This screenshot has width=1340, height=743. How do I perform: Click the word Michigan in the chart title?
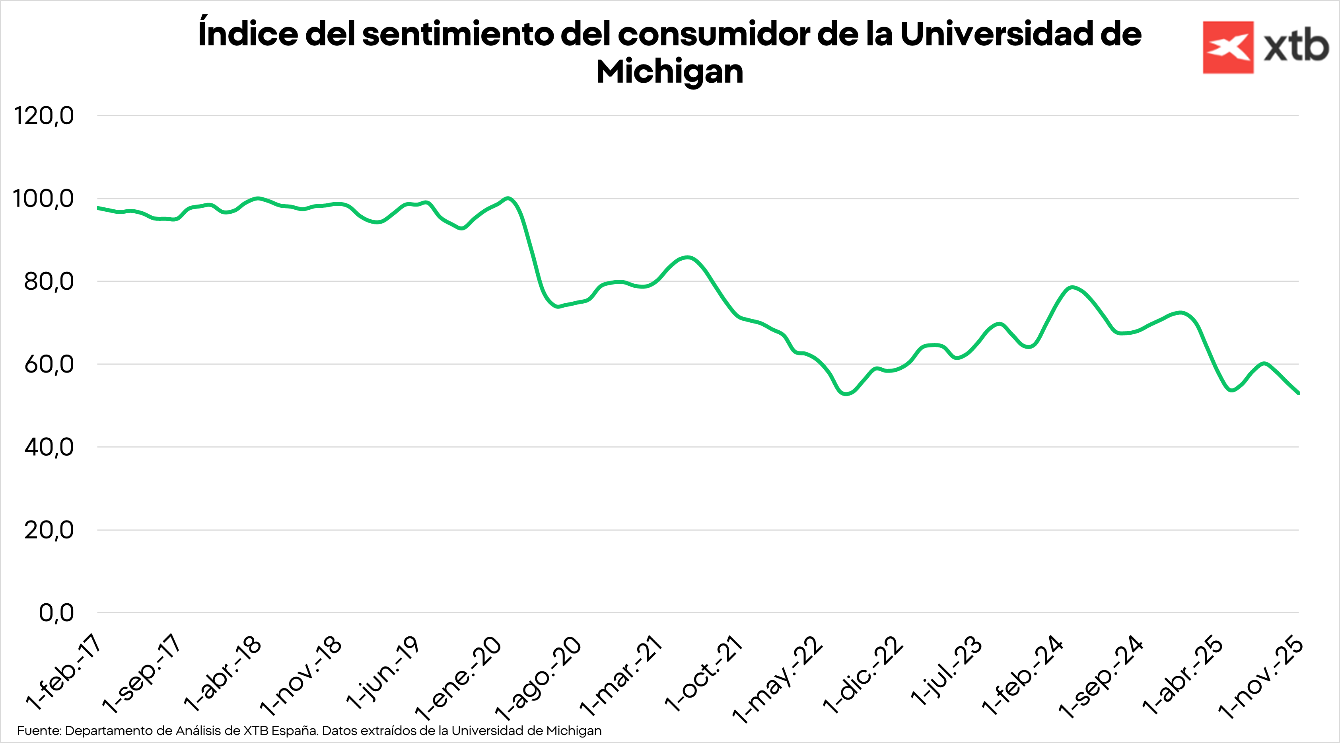click(669, 72)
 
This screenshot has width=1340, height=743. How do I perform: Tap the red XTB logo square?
click(1228, 47)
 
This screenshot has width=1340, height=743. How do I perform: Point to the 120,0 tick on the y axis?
click(44, 115)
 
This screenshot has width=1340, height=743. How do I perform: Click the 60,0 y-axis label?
click(49, 364)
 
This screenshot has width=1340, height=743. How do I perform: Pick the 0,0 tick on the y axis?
click(56, 613)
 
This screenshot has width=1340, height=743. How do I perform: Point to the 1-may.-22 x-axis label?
click(777, 679)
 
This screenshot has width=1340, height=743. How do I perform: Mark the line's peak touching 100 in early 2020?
click(508, 198)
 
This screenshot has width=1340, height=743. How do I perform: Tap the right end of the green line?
click(1298, 393)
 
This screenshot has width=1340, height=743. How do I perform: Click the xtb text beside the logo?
click(1296, 47)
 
